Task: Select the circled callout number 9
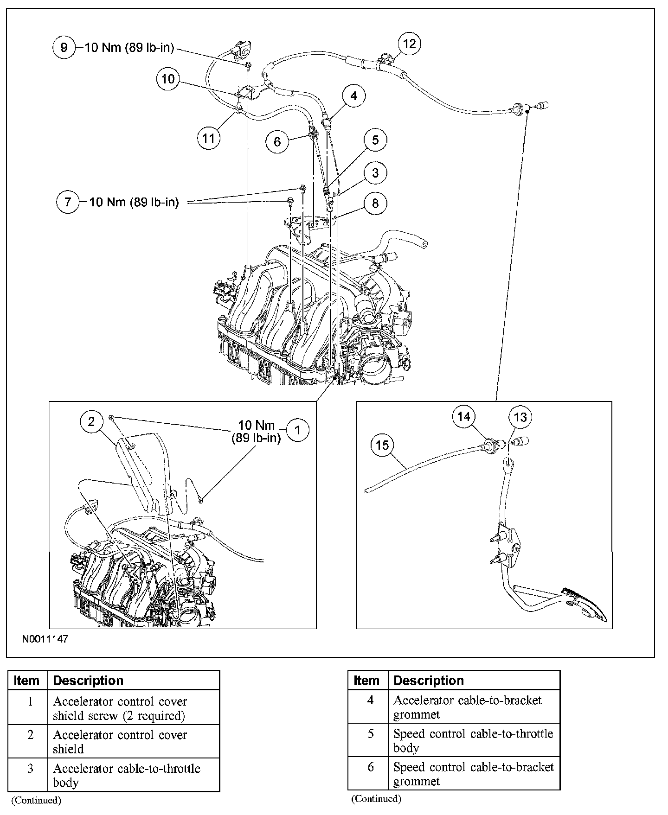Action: click(64, 47)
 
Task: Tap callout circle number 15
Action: click(382, 446)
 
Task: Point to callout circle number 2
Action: click(91, 421)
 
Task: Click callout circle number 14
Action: click(464, 417)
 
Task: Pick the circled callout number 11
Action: click(209, 138)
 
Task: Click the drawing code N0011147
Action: click(45, 639)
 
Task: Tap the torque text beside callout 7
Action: click(134, 202)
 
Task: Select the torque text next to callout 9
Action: click(129, 47)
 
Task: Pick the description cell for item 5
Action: click(474, 740)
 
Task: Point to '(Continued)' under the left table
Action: click(36, 800)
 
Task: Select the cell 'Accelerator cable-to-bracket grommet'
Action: click(474, 707)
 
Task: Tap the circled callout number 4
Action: click(354, 96)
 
